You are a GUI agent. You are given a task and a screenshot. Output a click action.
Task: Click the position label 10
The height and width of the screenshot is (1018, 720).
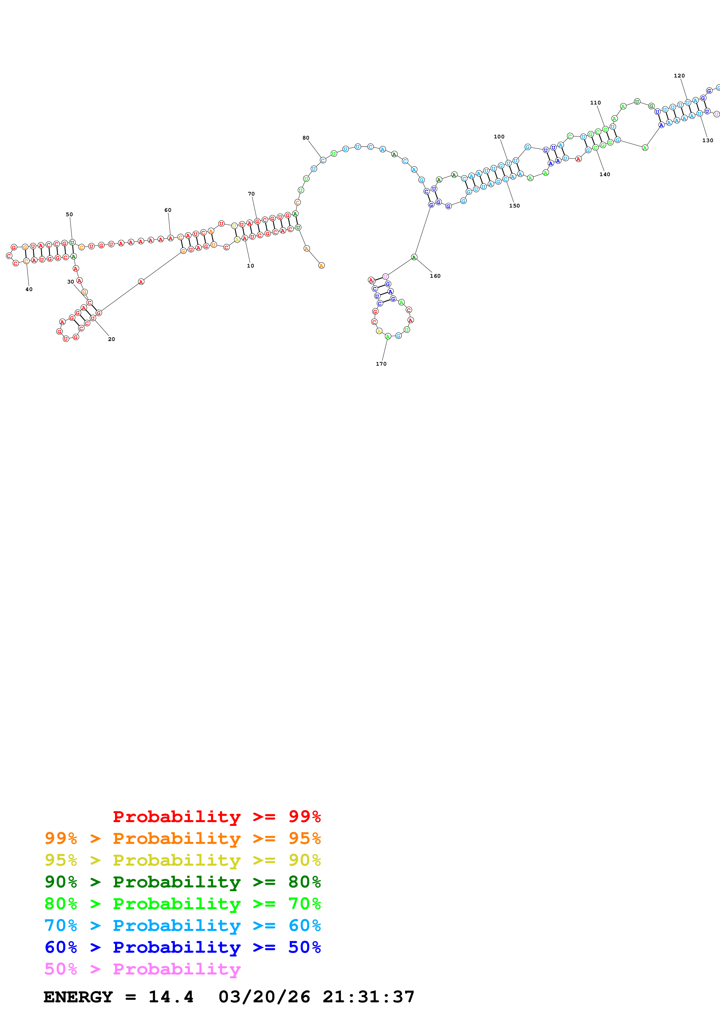(250, 266)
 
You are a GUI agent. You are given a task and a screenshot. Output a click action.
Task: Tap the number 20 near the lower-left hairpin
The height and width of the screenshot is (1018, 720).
(111, 339)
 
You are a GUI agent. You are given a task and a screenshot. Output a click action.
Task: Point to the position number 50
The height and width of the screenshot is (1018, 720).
(69, 214)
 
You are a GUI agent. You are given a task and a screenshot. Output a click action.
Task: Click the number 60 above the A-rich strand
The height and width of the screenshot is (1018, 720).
(168, 210)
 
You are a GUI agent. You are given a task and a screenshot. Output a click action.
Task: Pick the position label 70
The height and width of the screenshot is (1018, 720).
(251, 194)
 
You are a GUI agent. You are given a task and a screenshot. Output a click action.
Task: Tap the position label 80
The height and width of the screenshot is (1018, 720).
(306, 138)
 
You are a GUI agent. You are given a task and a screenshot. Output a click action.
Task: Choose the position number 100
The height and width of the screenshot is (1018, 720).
(499, 137)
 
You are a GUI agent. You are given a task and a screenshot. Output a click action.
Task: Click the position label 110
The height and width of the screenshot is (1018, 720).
(595, 102)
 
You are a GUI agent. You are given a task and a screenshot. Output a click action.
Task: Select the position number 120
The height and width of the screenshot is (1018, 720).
(679, 76)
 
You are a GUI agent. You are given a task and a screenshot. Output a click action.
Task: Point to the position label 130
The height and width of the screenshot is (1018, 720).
(708, 140)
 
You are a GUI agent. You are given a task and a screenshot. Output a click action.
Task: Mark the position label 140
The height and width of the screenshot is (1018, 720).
(605, 174)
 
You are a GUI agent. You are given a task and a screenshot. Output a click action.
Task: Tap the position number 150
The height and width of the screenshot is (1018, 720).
(514, 206)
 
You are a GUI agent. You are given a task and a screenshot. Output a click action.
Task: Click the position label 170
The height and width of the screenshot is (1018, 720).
(381, 364)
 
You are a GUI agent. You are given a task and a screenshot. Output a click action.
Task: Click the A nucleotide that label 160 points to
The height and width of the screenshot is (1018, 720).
(414, 257)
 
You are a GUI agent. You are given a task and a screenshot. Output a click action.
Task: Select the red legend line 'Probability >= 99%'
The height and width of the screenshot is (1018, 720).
(216, 817)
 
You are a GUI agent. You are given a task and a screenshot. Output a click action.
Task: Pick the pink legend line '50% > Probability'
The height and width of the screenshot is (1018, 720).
(142, 969)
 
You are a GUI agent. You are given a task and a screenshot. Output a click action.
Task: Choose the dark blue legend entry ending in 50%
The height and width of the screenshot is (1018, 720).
(182, 947)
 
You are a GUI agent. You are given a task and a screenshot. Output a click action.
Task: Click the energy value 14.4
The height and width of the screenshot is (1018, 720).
(171, 997)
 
